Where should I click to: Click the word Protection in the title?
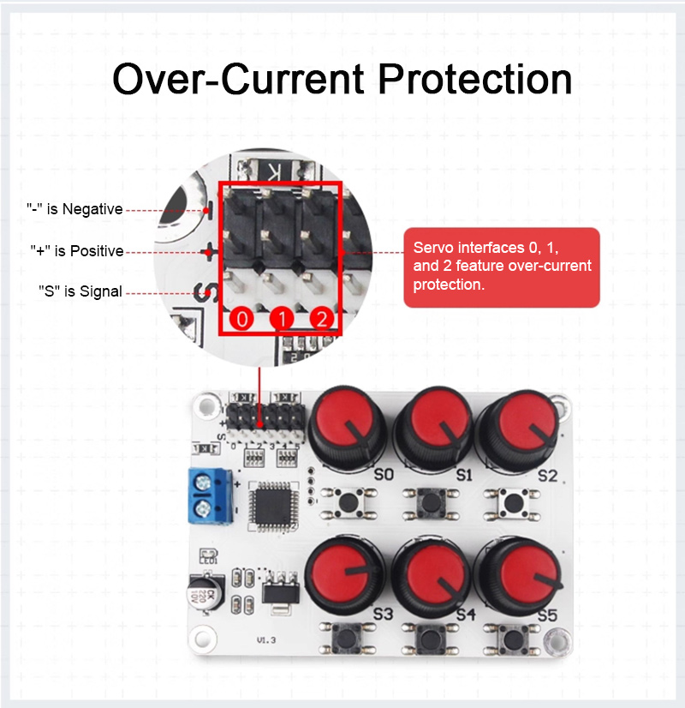pos(476,80)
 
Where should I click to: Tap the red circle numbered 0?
pos(242,321)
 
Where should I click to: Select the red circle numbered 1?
pos(282,321)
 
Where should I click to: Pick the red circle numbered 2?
pos(321,321)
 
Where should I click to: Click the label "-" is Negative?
pos(74,209)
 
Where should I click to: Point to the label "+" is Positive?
pos(77,251)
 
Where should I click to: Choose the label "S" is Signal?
pos(80,291)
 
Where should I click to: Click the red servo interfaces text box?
pos(501,267)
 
